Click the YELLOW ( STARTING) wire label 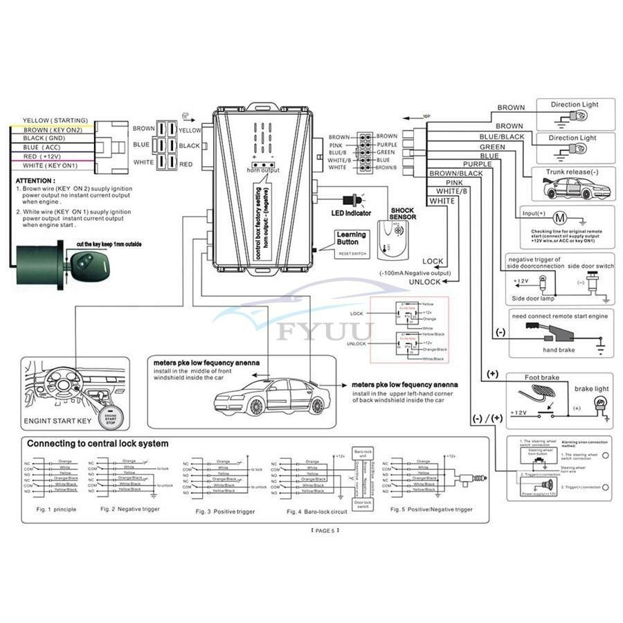click(x=55, y=120)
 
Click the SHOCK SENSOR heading click(x=403, y=213)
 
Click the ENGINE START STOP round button click(x=111, y=417)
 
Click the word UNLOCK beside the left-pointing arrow click(x=424, y=282)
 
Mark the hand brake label click(x=559, y=350)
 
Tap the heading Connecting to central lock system click(x=97, y=444)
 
